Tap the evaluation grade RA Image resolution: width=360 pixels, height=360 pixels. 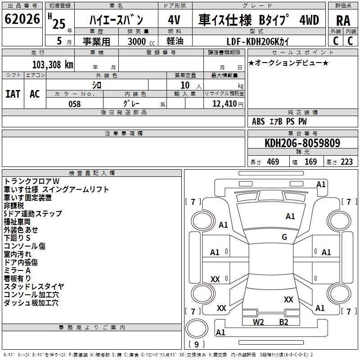[x=343, y=20]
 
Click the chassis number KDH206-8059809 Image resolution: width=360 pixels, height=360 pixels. [x=302, y=144]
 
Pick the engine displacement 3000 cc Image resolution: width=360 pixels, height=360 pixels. [x=140, y=41]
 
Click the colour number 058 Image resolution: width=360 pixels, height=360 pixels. [x=74, y=104]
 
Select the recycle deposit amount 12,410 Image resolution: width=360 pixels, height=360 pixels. [x=224, y=104]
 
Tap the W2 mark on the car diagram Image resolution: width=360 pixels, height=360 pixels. [x=258, y=322]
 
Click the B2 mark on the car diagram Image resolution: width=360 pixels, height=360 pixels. [x=283, y=322]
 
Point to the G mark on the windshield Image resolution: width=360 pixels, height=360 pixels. [x=284, y=237]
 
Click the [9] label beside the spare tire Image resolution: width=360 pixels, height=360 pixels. [x=196, y=345]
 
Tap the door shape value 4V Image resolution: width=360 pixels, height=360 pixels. [x=174, y=20]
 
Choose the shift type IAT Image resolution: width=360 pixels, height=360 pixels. [x=13, y=94]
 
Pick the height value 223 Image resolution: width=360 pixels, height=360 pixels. [x=346, y=162]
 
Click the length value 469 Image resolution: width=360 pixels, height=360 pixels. [x=272, y=162]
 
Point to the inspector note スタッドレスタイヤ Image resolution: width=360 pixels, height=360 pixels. [x=34, y=287]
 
